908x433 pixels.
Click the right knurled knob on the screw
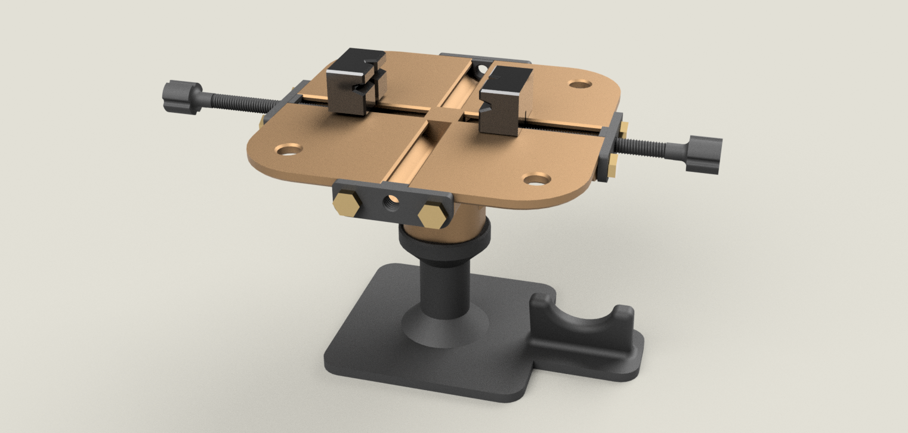[x=703, y=154]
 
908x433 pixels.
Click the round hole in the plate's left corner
[x=289, y=149]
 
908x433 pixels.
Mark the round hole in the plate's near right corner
[x=536, y=179]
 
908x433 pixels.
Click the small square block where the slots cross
[x=441, y=115]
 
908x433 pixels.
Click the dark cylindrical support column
[x=444, y=283]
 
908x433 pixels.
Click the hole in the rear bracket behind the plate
[x=481, y=70]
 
